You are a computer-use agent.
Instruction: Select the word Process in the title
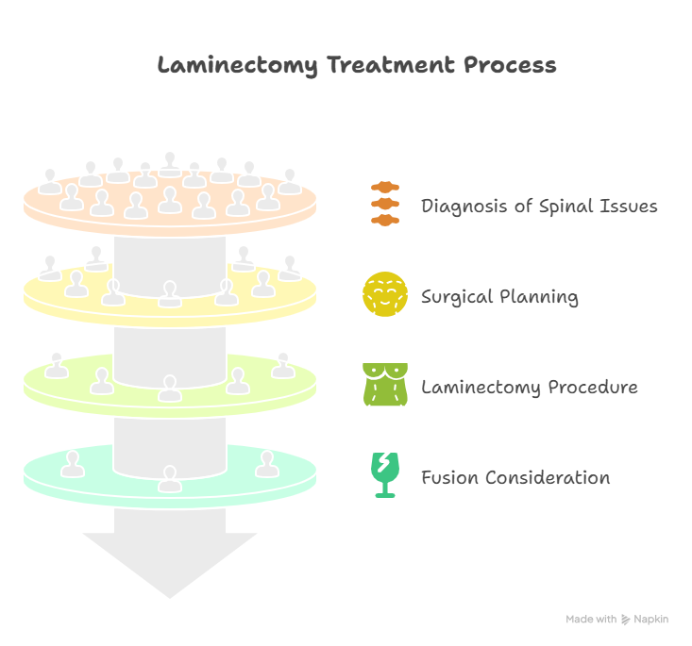pyautogui.click(x=510, y=66)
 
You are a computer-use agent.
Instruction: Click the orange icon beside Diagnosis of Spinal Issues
pyautogui.click(x=385, y=204)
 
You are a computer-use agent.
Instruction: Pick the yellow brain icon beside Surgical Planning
pyautogui.click(x=385, y=294)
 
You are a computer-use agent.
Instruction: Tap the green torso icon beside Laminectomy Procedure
pyautogui.click(x=385, y=385)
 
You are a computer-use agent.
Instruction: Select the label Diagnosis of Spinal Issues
pyautogui.click(x=539, y=206)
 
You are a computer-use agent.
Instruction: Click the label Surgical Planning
pyautogui.click(x=499, y=297)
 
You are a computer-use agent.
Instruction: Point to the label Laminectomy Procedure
pyautogui.click(x=529, y=388)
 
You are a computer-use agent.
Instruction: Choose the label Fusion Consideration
pyautogui.click(x=515, y=477)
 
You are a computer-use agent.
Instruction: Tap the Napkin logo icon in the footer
pyautogui.click(x=625, y=620)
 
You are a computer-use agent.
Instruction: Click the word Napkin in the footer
pyautogui.click(x=651, y=620)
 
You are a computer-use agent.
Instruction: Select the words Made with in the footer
pyautogui.click(x=591, y=620)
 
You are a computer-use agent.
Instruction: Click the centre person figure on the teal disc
pyautogui.click(x=170, y=477)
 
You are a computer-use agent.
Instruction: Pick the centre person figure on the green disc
pyautogui.click(x=170, y=387)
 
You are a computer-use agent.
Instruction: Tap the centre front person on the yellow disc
pyautogui.click(x=170, y=293)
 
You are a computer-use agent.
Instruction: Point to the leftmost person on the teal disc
pyautogui.click(x=72, y=463)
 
